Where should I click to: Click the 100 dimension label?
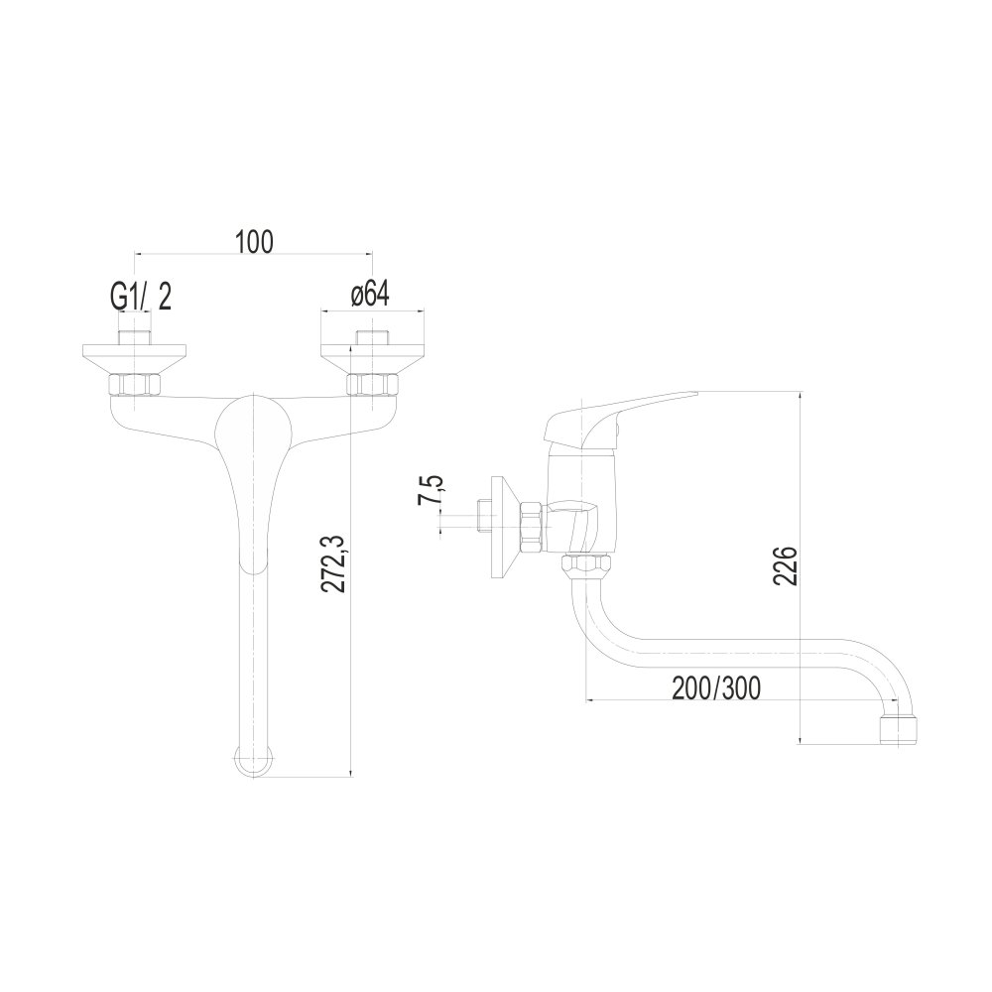tap(254, 241)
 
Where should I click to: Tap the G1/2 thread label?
tap(141, 297)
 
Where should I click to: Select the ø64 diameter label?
tap(369, 295)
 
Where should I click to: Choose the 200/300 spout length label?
tap(715, 688)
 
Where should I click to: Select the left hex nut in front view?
tap(135, 385)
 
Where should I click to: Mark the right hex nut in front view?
tap(373, 385)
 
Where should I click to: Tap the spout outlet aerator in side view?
tap(900, 729)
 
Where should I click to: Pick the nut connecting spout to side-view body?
tap(587, 564)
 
